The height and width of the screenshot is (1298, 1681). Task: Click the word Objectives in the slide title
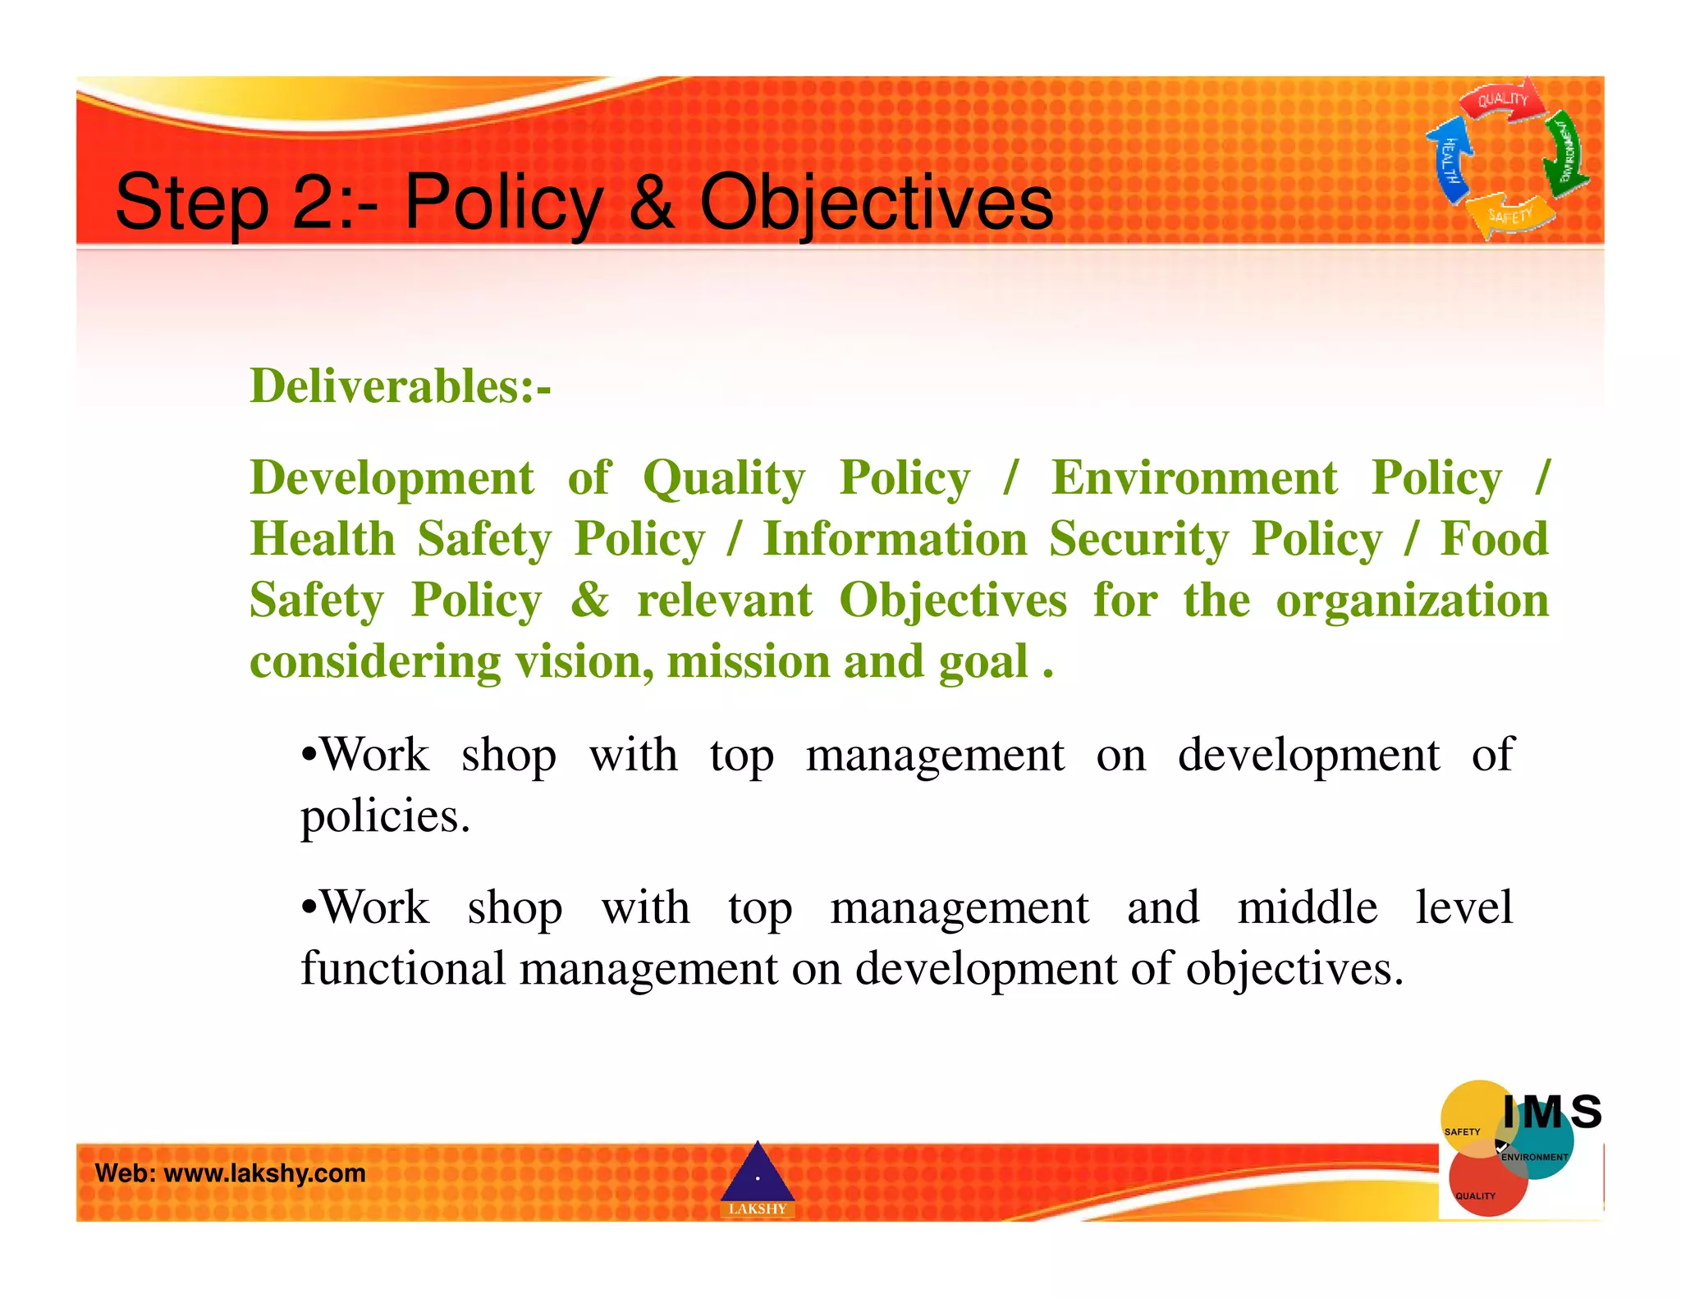[x=876, y=203]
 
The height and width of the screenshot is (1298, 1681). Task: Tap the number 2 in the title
[x=313, y=203]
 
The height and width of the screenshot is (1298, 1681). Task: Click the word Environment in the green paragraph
[x=1194, y=478]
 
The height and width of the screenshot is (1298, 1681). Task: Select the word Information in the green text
[x=895, y=539]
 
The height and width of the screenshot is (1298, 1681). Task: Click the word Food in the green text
[x=1494, y=539]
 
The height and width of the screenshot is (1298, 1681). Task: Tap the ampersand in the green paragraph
[x=589, y=600]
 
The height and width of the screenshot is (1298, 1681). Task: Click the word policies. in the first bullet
[x=385, y=816]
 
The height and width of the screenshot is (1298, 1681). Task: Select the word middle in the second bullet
[x=1307, y=907]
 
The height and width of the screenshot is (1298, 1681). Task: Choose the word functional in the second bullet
[x=402, y=968]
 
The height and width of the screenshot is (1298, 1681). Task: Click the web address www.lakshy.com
[x=264, y=1173]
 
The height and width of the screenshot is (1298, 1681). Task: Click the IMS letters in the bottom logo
[x=1551, y=1113]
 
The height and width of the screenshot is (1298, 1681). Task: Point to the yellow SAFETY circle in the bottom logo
[x=1469, y=1116]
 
